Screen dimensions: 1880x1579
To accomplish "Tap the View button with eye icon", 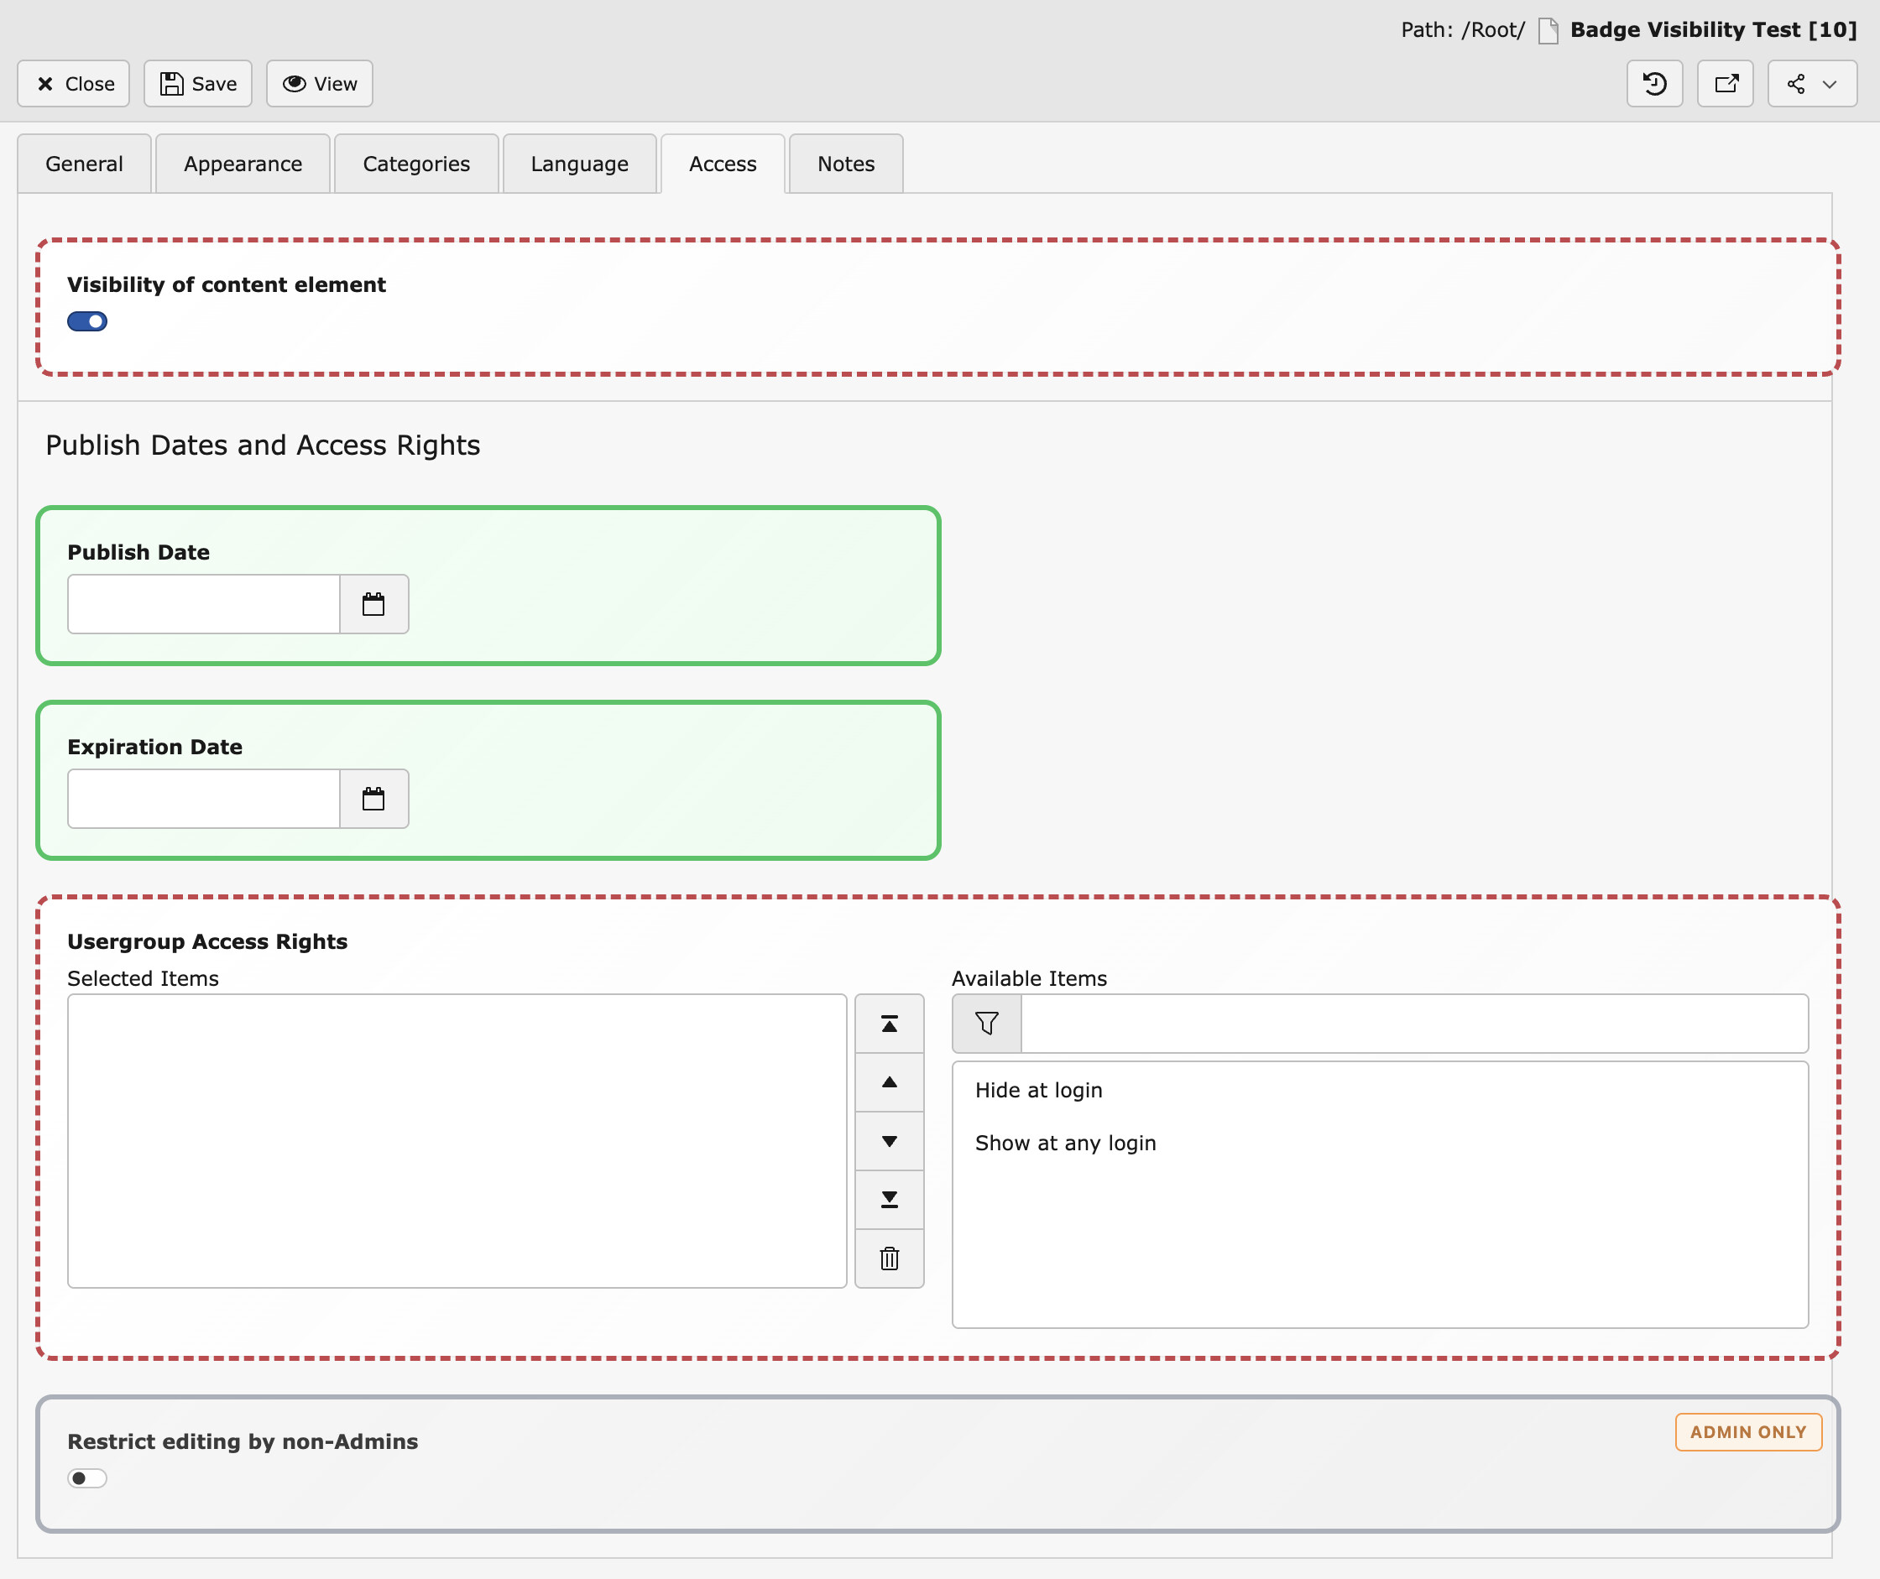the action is click(x=320, y=83).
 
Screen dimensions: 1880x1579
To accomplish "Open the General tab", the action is click(x=84, y=164).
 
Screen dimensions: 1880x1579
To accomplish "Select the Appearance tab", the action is click(x=243, y=164).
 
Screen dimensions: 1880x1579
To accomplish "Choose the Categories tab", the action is click(x=416, y=164).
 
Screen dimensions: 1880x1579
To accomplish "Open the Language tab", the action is click(x=579, y=164).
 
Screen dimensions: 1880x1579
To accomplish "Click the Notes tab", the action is click(x=846, y=164).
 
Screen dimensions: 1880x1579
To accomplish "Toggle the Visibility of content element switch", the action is click(x=86, y=321).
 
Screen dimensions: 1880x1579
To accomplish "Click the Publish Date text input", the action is click(x=204, y=604).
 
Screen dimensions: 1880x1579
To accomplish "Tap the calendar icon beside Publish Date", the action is click(x=373, y=604).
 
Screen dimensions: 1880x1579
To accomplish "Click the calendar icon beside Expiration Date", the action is click(x=373, y=799).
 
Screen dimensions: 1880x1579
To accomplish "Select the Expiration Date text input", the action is click(x=204, y=799).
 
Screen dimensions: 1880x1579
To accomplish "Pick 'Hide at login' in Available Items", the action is click(x=1038, y=1090).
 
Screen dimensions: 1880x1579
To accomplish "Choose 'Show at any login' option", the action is click(x=1065, y=1143).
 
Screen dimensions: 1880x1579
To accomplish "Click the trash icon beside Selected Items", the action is click(x=889, y=1259).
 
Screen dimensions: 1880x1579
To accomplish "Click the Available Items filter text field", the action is click(x=1414, y=1023).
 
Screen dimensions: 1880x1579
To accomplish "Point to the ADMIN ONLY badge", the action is click(x=1748, y=1432).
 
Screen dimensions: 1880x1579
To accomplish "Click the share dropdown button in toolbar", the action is click(x=1812, y=83).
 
